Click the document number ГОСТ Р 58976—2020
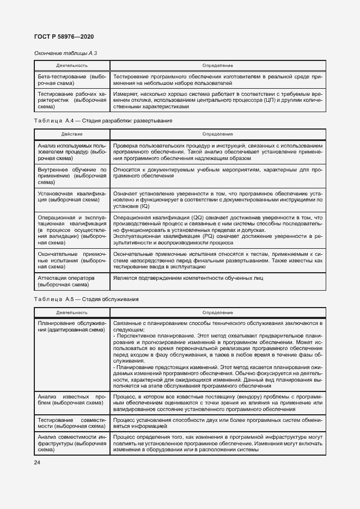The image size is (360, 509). click(x=64, y=36)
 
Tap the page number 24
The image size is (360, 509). click(x=38, y=462)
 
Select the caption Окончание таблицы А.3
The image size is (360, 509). click(x=65, y=53)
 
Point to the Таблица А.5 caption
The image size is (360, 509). click(x=86, y=299)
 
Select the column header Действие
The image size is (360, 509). click(x=71, y=133)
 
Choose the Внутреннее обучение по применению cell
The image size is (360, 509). click(x=71, y=176)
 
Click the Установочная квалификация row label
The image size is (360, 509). click(x=71, y=197)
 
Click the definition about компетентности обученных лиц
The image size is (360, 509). click(x=188, y=278)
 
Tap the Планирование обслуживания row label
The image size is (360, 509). click(x=71, y=327)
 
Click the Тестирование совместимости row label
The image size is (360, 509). click(x=71, y=424)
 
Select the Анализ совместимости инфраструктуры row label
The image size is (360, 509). click(x=71, y=444)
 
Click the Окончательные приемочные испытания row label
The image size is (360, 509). click(x=71, y=261)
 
